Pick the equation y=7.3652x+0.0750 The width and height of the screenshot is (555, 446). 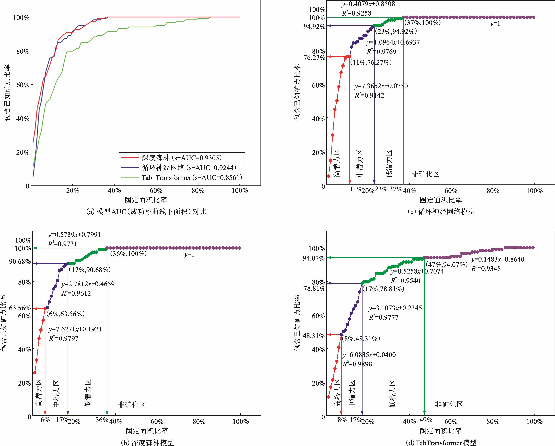[381, 86]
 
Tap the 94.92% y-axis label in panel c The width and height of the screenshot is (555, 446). [314, 26]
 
